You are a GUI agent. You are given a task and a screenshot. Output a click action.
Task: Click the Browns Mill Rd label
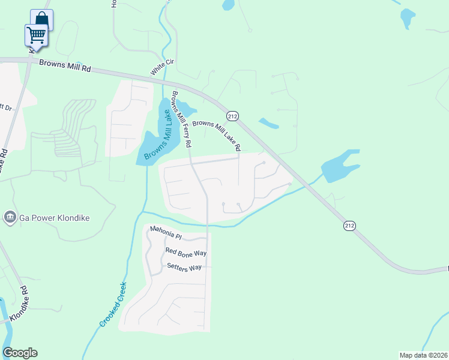click(64, 65)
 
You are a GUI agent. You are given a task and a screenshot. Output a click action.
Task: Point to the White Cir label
click(158, 67)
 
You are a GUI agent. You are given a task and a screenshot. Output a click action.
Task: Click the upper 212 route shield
click(232, 115)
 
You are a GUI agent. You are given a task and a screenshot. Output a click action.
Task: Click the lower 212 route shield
click(349, 226)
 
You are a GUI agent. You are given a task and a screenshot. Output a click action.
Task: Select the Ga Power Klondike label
click(53, 217)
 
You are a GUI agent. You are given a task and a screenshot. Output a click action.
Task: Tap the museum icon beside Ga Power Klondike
click(10, 217)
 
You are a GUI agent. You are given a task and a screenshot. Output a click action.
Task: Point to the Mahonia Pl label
click(165, 232)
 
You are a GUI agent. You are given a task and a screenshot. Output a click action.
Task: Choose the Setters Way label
click(184, 267)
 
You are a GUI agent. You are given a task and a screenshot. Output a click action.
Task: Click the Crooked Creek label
click(112, 304)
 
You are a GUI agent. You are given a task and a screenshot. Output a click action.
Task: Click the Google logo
click(20, 353)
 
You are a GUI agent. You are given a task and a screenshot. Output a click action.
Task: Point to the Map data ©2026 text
click(423, 355)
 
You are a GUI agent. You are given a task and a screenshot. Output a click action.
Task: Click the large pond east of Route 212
click(340, 165)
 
